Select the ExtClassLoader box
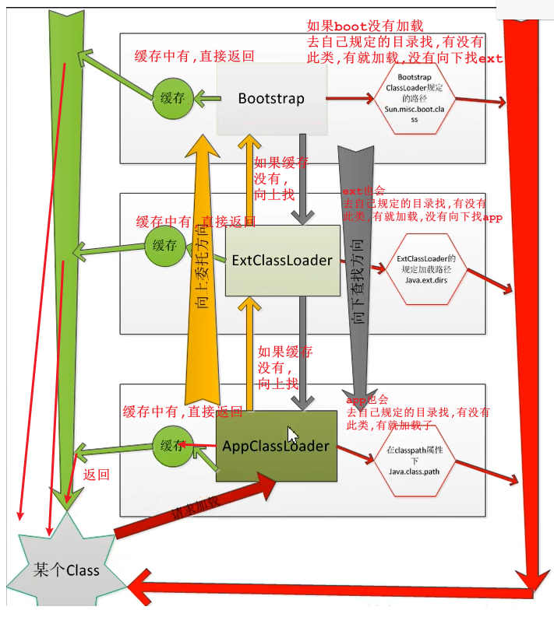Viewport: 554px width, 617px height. [x=282, y=260]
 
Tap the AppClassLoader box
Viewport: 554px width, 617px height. [x=276, y=446]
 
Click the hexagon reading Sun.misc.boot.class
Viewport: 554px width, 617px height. [x=414, y=99]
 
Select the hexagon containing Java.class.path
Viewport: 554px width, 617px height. [x=414, y=462]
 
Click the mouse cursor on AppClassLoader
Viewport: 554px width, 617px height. [x=291, y=434]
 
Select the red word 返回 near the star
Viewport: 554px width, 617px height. [x=96, y=474]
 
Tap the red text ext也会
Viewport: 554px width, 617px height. [x=363, y=191]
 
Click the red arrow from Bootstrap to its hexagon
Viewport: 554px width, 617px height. [x=349, y=99]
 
